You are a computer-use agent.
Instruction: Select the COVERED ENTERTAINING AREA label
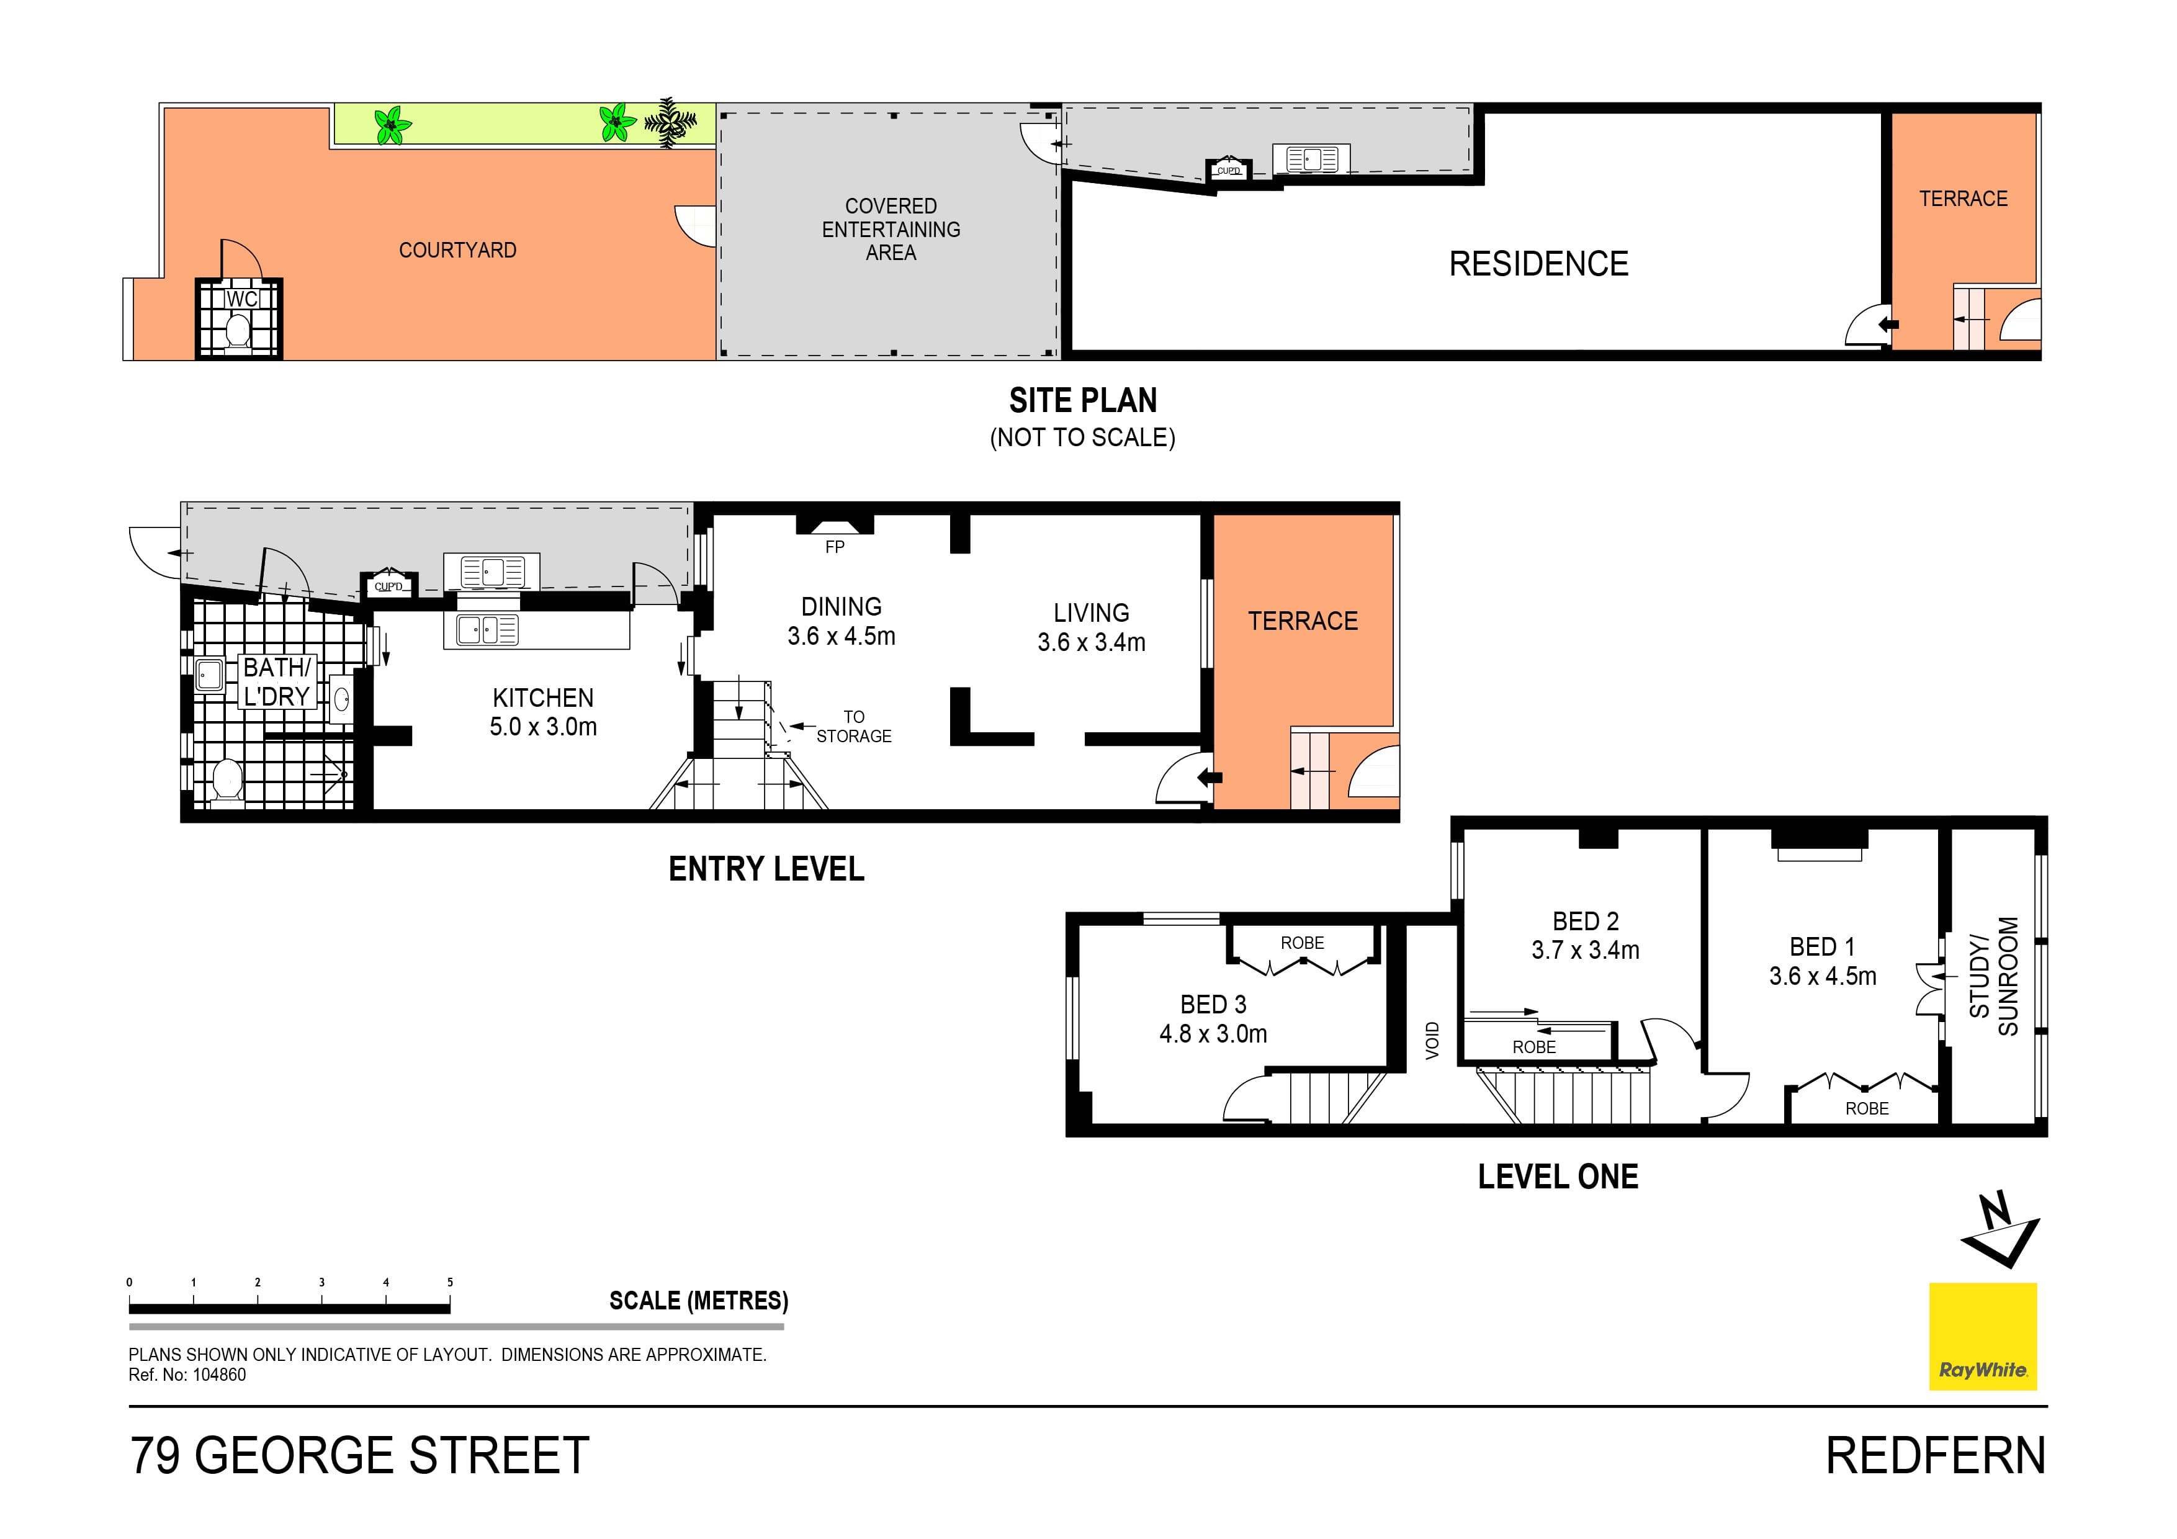pos(891,230)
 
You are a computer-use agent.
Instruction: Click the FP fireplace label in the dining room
pos(835,547)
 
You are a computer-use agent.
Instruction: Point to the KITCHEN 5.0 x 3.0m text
pos(542,712)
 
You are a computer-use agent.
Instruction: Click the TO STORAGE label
pos(853,727)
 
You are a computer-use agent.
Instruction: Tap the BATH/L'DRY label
pos(276,682)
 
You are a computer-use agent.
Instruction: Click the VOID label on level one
pos(1432,1040)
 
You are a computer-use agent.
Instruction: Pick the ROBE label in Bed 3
pos(1302,943)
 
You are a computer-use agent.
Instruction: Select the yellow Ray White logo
pos(1983,1336)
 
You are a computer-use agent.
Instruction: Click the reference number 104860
pos(219,1375)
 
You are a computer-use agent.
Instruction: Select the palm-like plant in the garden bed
pos(671,122)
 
